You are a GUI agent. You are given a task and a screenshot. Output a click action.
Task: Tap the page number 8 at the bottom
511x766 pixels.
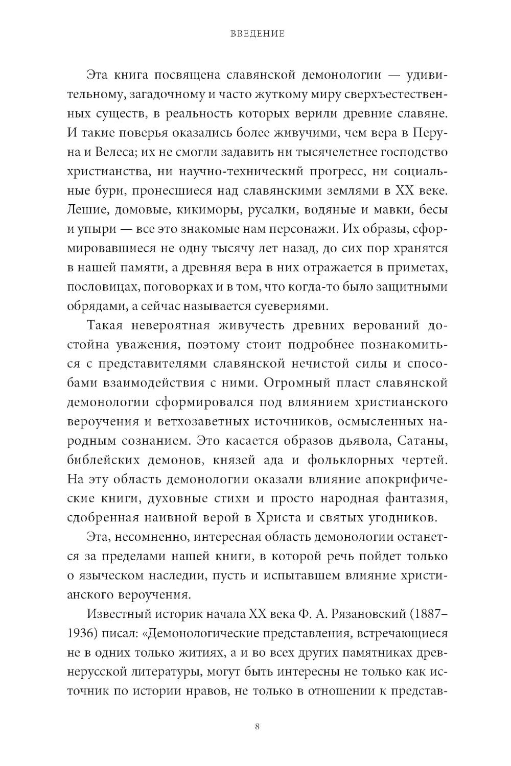[x=257, y=727]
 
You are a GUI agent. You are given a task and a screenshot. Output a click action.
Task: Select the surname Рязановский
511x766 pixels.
[x=366, y=615]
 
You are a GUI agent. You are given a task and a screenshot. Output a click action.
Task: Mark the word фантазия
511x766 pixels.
[x=414, y=498]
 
